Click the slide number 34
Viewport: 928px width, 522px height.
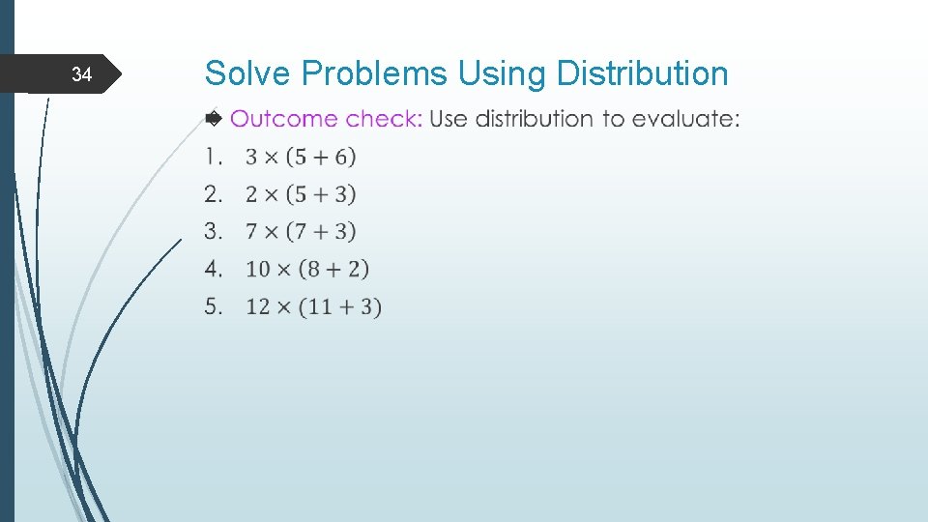pos(82,75)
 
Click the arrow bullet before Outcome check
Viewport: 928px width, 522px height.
pos(214,119)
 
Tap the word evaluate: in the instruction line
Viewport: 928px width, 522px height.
pos(686,119)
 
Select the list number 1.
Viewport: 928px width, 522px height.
pos(213,157)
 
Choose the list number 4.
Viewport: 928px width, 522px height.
pos(214,268)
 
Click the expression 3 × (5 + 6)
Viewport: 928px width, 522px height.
pos(301,157)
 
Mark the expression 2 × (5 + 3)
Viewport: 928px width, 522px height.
pos(301,194)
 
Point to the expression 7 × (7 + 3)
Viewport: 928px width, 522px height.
pos(301,232)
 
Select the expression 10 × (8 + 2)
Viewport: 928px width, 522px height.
pos(307,269)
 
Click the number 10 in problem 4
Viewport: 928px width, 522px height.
pos(258,269)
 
